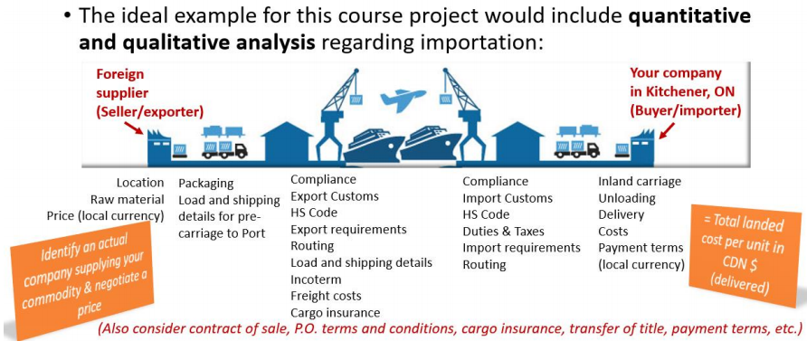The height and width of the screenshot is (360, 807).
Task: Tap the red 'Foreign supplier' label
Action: [x=121, y=83]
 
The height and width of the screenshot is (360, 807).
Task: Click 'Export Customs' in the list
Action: [x=335, y=196]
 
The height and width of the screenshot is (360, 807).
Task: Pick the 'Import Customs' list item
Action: [x=508, y=198]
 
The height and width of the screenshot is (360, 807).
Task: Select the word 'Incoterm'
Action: [x=316, y=279]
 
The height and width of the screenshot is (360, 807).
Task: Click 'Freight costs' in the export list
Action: [x=326, y=296]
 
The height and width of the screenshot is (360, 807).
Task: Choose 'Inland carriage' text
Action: [x=640, y=182]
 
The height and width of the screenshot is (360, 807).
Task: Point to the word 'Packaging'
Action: [x=206, y=183]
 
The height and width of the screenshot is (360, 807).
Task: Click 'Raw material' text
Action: [x=128, y=199]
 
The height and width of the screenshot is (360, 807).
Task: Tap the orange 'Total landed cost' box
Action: [x=745, y=256]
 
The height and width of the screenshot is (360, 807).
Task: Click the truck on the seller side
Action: [x=224, y=141]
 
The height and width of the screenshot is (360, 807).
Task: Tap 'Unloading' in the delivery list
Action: [x=620, y=198]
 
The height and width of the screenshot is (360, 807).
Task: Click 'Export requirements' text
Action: [x=348, y=229]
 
